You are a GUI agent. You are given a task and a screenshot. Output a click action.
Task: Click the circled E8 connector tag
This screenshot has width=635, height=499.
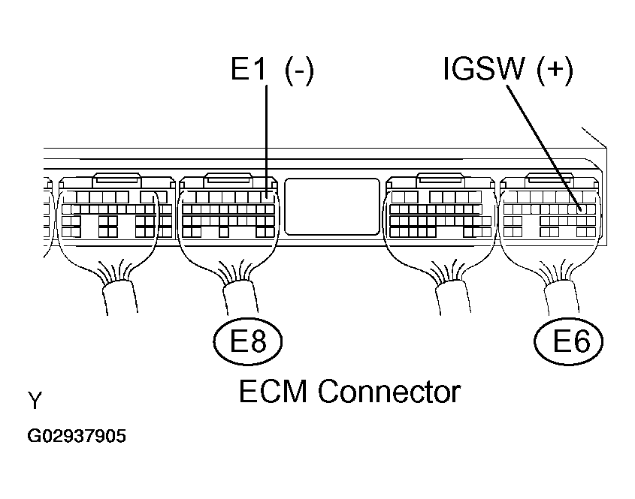(x=248, y=342)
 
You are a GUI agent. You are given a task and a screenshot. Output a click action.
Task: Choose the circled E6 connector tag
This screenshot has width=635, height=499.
(x=569, y=342)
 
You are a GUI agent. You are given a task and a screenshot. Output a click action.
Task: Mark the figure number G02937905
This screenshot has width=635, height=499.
(x=77, y=436)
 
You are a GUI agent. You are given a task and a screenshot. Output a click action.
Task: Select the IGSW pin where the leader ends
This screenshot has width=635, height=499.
(x=581, y=209)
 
